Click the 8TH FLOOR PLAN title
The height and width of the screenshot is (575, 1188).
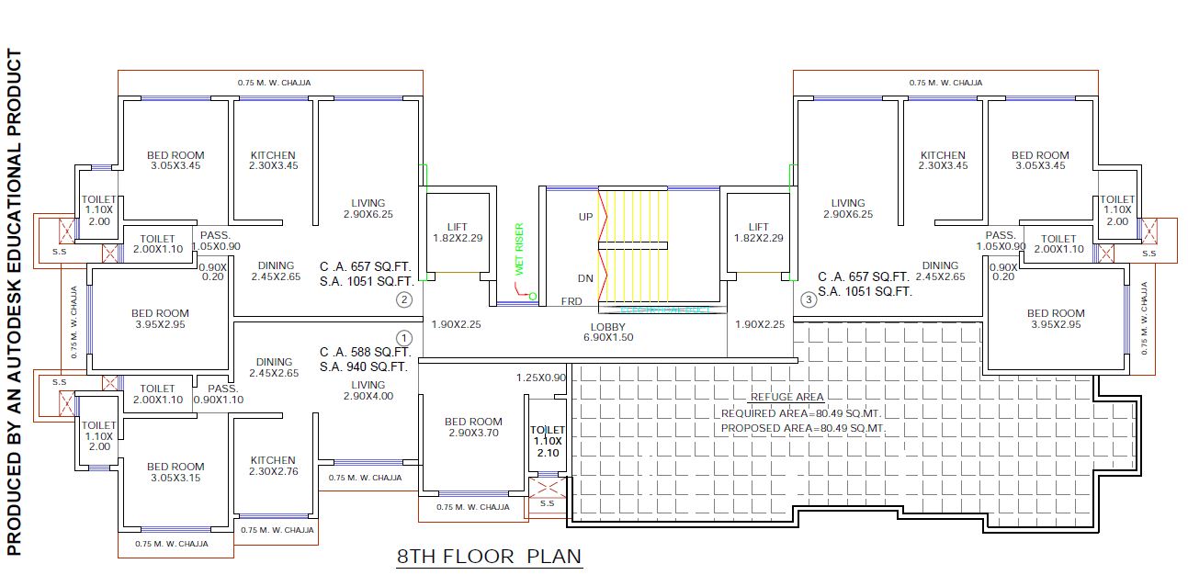click(x=489, y=556)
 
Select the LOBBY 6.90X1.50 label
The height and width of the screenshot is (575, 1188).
click(x=607, y=332)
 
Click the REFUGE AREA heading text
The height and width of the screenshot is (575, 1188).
click(x=786, y=397)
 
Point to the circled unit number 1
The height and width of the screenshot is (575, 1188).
click(x=404, y=338)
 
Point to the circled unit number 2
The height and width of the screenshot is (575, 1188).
click(x=404, y=299)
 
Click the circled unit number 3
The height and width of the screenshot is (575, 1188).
click(x=809, y=299)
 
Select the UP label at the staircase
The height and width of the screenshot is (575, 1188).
click(x=584, y=218)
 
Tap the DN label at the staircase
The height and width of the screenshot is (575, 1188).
click(x=584, y=278)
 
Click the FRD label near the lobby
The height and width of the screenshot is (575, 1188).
click(x=571, y=301)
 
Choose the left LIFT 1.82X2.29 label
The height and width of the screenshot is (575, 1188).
click(x=458, y=232)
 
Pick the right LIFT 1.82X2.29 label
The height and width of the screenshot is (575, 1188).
click(x=758, y=232)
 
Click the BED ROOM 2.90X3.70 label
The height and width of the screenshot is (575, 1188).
click(x=473, y=427)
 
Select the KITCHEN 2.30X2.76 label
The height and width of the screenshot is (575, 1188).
click(x=273, y=466)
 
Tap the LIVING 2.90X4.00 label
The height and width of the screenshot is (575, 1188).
click(x=368, y=390)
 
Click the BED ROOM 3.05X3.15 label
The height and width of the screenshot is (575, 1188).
click(x=175, y=472)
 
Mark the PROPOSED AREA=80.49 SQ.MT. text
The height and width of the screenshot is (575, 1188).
click(x=802, y=428)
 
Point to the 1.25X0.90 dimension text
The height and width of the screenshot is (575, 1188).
click(x=540, y=378)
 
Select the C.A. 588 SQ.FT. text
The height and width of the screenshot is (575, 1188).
click(x=365, y=352)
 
